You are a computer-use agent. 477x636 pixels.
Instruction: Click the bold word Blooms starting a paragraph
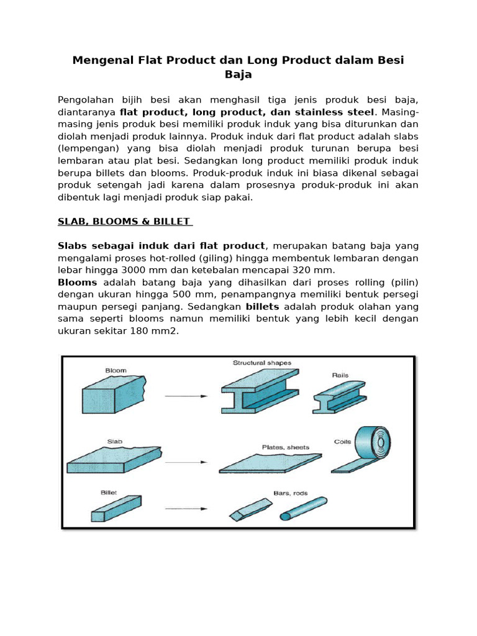(78, 282)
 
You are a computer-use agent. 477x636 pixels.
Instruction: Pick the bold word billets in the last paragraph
(263, 307)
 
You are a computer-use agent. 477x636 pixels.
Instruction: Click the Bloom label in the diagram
(116, 370)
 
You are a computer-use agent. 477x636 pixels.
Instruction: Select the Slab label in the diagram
(114, 442)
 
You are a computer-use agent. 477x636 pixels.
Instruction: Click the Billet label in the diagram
(109, 492)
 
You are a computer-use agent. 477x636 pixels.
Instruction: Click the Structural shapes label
(261, 363)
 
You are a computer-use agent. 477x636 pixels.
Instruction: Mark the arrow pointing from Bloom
(187, 396)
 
